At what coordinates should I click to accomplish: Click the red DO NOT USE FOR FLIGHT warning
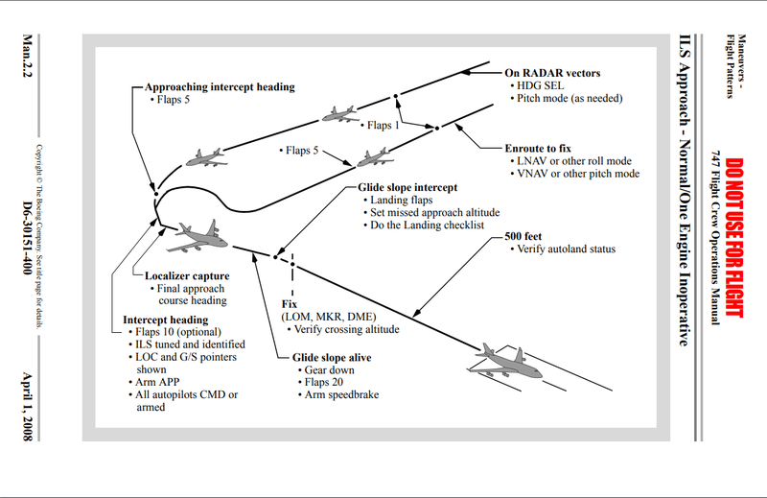[x=733, y=238]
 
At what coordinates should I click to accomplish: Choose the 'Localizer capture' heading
[x=186, y=276]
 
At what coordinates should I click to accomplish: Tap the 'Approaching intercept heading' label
[x=220, y=86]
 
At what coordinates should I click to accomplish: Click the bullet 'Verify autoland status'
[x=566, y=250]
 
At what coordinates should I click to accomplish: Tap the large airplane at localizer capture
[x=202, y=233]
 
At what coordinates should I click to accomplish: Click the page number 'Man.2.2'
[x=28, y=63]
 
